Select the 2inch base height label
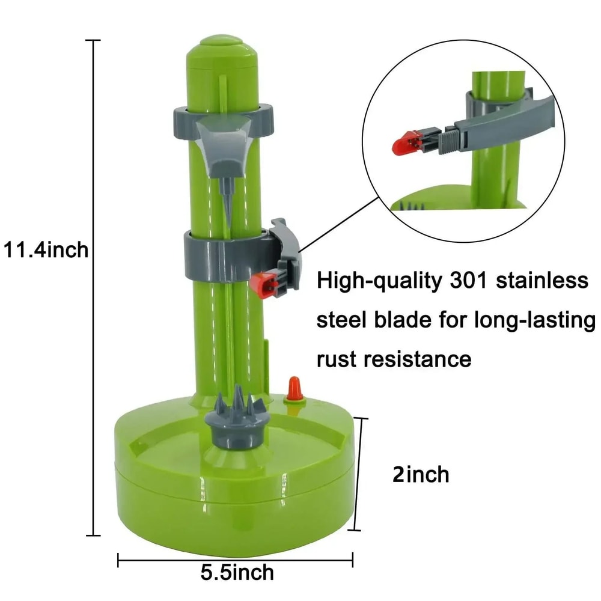[420, 474]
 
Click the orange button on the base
[294, 388]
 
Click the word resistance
[420, 359]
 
